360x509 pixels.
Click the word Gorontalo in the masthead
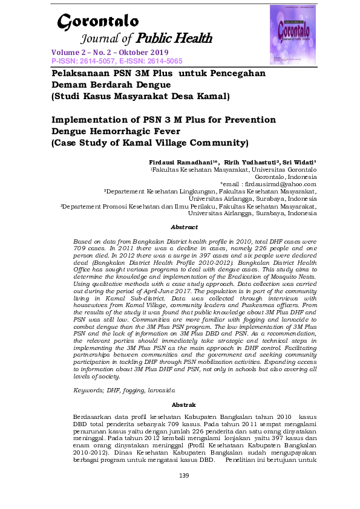98,22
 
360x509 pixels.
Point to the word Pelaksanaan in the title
77,73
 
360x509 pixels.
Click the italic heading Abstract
184,227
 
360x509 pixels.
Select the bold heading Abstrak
184,404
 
